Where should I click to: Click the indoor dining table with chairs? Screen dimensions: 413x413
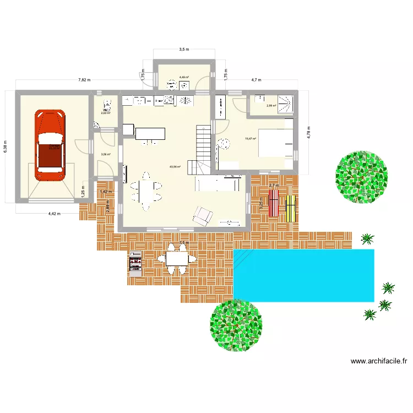tap(146, 191)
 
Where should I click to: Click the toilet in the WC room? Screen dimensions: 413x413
tap(107, 104)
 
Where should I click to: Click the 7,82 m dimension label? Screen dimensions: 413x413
tap(85, 80)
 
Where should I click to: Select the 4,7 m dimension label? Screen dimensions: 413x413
tap(256, 80)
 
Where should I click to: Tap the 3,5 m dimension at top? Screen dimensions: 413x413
tap(184, 50)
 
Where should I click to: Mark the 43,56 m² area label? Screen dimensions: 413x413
tap(175, 167)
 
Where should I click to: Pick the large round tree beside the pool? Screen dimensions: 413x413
tap(236, 325)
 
